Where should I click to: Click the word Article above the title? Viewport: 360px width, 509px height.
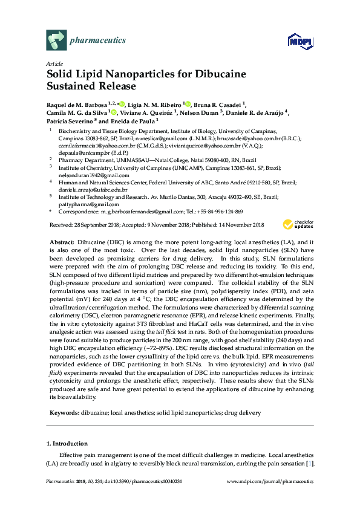54,63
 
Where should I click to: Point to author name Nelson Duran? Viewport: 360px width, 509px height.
200,112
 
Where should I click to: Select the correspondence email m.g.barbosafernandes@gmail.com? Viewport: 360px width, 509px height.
140,212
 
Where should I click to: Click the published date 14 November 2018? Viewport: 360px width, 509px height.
228,225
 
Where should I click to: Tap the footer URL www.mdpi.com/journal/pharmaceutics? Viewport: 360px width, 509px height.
270,482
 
